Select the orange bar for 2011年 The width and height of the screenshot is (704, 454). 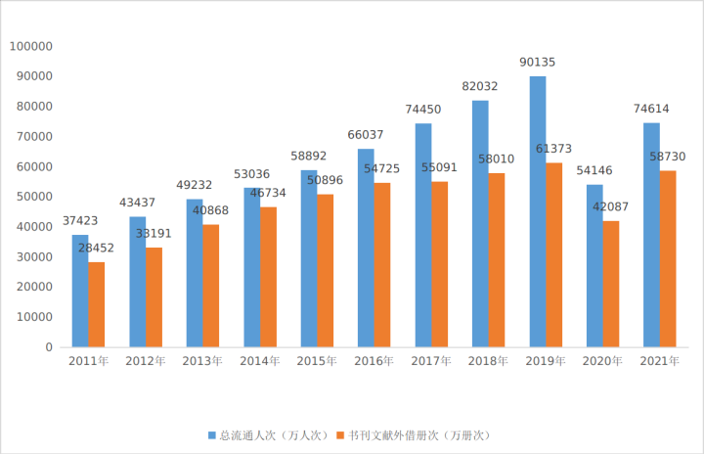click(x=96, y=304)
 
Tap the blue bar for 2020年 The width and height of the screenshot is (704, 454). click(x=594, y=265)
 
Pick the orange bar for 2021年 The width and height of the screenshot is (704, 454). click(x=668, y=258)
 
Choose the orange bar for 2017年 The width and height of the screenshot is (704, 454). click(x=439, y=264)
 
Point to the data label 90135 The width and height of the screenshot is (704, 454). click(x=538, y=63)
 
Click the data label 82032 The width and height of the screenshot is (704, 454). click(x=480, y=86)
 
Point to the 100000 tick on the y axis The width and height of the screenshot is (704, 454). click(x=30, y=46)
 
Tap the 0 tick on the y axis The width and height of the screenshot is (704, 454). click(x=49, y=347)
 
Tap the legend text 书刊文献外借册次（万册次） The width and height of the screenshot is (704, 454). click(x=418, y=434)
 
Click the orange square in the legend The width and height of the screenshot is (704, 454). click(x=338, y=434)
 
